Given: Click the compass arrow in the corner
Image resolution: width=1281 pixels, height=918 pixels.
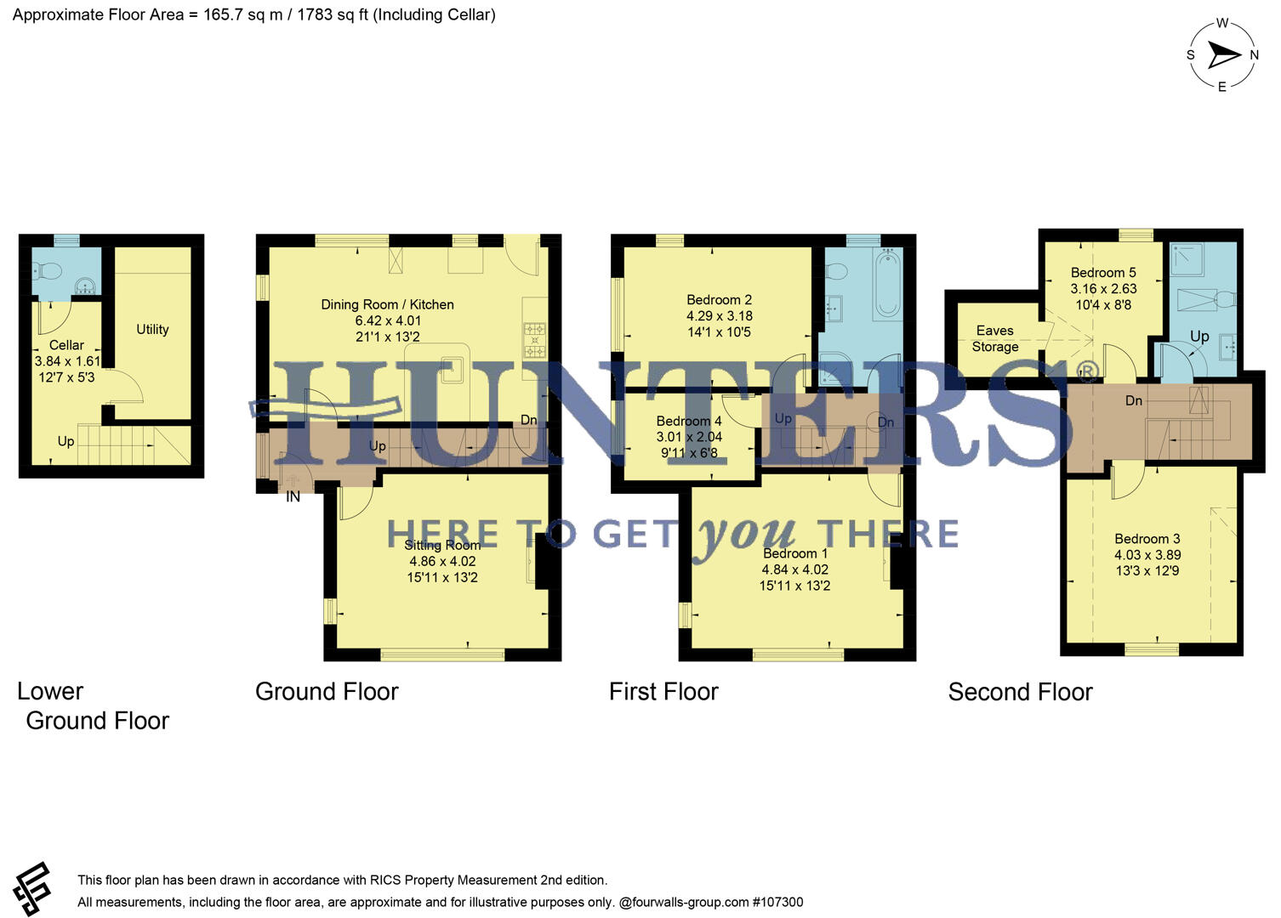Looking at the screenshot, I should pyautogui.click(x=1224, y=55).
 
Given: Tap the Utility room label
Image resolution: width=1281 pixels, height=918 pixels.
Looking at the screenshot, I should pyautogui.click(x=152, y=329).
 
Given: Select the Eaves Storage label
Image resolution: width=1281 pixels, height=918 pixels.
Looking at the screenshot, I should pyautogui.click(x=994, y=338).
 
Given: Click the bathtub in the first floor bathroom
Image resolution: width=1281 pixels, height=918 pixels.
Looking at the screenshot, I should pyautogui.click(x=887, y=284).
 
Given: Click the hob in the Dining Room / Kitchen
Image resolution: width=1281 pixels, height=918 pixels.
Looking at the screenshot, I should pyautogui.click(x=534, y=339).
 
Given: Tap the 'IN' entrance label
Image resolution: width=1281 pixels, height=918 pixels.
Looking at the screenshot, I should pyautogui.click(x=293, y=496).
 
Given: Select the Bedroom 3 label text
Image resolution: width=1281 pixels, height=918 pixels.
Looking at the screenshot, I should pyautogui.click(x=1147, y=539).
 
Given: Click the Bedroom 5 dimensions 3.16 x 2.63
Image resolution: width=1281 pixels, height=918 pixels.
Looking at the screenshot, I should pyautogui.click(x=1103, y=289).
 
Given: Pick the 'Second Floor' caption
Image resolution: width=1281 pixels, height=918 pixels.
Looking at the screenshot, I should pyautogui.click(x=1020, y=692).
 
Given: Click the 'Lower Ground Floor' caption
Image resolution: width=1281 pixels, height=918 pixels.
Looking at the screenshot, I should pyautogui.click(x=93, y=705).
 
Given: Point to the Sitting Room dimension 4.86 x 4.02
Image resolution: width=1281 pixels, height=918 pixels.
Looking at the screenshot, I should pyautogui.click(x=442, y=561).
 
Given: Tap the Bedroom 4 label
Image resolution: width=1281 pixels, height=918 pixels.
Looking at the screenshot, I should pyautogui.click(x=688, y=421).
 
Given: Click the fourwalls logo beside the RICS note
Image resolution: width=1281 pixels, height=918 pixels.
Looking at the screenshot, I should pyautogui.click(x=32, y=889).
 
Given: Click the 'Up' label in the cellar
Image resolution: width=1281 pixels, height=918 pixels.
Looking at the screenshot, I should pyautogui.click(x=65, y=441).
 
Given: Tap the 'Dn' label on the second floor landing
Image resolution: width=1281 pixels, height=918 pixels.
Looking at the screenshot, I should pyautogui.click(x=1133, y=400).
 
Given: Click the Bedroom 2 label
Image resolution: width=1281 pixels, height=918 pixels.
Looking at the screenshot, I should pyautogui.click(x=719, y=299).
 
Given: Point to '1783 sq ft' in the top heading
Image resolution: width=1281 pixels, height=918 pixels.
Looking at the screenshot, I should pyautogui.click(x=332, y=14).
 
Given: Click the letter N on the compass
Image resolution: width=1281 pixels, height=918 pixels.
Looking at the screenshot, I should pyautogui.click(x=1253, y=55).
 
